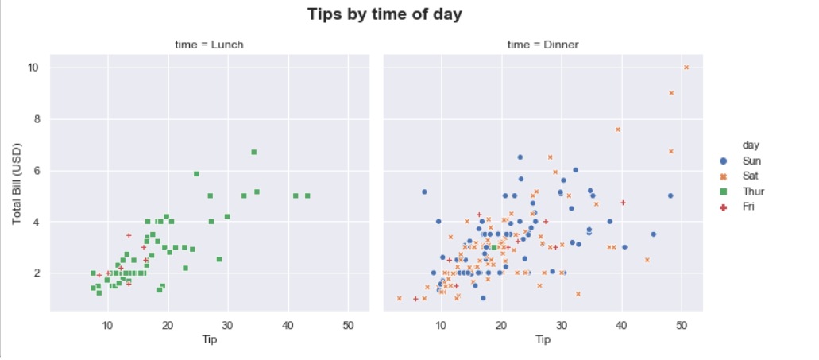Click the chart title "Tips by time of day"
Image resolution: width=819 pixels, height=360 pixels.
click(384, 14)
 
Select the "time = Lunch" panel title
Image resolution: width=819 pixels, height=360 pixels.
click(209, 45)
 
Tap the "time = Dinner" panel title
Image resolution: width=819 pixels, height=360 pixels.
click(543, 45)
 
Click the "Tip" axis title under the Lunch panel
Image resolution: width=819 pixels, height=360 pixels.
click(210, 339)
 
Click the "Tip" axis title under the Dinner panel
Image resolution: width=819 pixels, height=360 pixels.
click(543, 339)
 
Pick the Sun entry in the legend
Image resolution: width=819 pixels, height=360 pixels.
click(742, 161)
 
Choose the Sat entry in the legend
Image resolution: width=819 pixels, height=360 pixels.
click(740, 176)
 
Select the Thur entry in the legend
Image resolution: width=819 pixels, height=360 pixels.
click(743, 192)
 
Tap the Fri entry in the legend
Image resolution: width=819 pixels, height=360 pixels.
click(739, 207)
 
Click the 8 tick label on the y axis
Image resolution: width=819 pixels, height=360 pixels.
click(38, 119)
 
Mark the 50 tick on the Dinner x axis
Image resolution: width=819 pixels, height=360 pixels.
click(682, 326)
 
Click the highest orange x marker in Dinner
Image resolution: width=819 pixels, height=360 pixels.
click(686, 68)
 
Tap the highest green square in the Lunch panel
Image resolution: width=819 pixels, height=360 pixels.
click(254, 152)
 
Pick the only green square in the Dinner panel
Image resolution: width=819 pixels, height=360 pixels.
click(494, 247)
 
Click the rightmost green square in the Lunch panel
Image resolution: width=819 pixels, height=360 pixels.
click(307, 196)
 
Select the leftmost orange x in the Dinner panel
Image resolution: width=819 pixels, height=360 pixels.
click(399, 298)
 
